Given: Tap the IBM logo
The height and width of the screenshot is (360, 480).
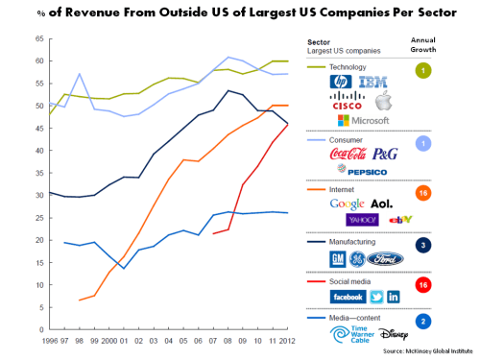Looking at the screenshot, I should tap(372, 84).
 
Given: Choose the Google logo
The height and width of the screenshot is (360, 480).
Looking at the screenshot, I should tap(348, 204).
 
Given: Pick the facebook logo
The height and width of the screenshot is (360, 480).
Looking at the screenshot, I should tap(345, 297).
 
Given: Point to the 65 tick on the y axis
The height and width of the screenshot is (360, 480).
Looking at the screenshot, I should tap(12, 37).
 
